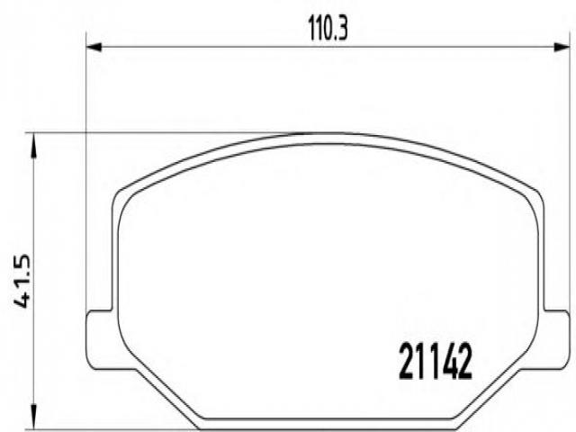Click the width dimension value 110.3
[328, 29]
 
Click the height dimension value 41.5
[22, 282]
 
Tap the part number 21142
[436, 361]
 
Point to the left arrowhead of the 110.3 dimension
[94, 47]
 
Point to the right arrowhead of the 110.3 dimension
[562, 47]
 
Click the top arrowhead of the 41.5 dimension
[34, 145]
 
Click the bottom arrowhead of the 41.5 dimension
[34, 417]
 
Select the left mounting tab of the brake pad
[99, 340]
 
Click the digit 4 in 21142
[448, 361]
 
